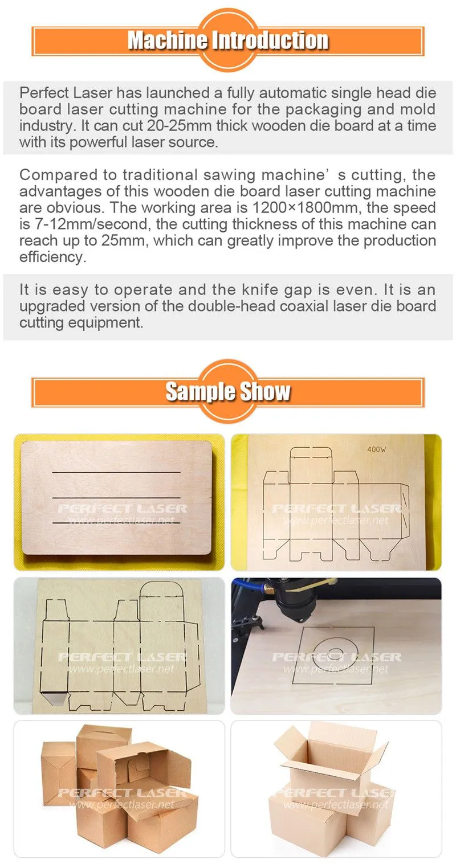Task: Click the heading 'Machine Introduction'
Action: coord(228,40)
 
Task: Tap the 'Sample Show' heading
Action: coord(228,391)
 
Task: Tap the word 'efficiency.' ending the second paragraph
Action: coord(53,257)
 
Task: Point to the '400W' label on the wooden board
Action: coord(377,449)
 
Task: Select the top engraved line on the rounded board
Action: coord(116,472)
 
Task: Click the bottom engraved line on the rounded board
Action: coord(116,523)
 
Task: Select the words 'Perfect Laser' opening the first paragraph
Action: coord(66,93)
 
